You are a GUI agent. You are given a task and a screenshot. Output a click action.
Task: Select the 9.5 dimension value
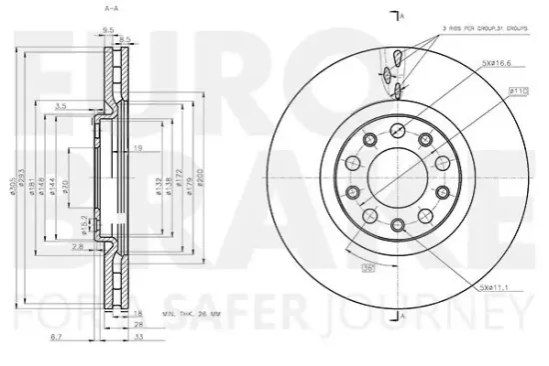tap(106, 30)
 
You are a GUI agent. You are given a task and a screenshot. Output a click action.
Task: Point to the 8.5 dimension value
tap(125, 39)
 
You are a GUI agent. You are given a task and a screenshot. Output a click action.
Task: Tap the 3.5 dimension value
tap(60, 105)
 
